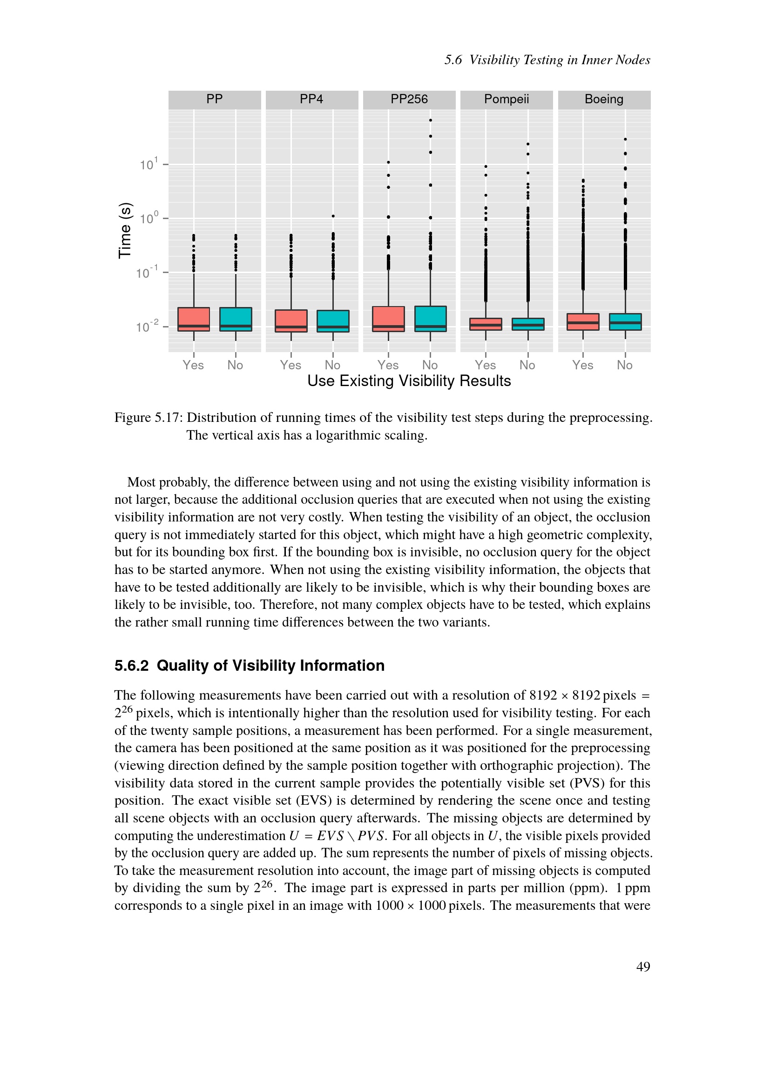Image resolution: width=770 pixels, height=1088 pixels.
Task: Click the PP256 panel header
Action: click(409, 99)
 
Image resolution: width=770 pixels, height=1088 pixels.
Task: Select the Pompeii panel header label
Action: click(507, 99)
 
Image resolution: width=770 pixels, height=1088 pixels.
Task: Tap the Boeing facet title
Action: click(604, 99)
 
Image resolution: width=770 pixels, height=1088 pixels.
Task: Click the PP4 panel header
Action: click(311, 99)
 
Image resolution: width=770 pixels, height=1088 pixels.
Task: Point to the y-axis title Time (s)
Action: click(125, 230)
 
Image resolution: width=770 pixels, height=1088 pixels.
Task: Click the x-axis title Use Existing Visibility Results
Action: click(409, 381)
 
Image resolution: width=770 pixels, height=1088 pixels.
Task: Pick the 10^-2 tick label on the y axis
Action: click(147, 327)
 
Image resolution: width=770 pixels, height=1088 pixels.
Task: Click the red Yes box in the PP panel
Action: click(194, 319)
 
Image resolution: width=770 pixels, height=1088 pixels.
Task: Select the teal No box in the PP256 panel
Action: click(430, 319)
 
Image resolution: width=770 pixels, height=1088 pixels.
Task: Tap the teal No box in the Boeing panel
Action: click(625, 322)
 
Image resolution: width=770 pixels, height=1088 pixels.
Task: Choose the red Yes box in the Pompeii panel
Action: click(486, 324)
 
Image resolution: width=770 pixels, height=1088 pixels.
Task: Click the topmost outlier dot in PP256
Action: click(430, 120)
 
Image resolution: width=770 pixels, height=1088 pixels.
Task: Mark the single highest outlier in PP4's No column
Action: click(333, 216)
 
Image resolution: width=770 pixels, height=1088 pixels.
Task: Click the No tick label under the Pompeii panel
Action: click(527, 365)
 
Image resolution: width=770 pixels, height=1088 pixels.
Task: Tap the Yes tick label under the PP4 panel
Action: click(290, 365)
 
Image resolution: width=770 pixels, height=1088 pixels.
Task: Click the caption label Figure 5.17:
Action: click(149, 417)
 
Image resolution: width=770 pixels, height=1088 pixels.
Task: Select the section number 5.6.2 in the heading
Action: click(131, 666)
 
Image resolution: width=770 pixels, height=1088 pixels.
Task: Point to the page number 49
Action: click(643, 967)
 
